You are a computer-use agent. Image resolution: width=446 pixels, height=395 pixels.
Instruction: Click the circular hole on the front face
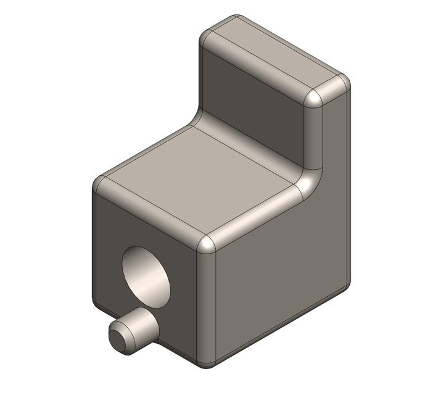pos(147,275)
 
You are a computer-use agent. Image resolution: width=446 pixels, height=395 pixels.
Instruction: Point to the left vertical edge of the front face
pos(94,247)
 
